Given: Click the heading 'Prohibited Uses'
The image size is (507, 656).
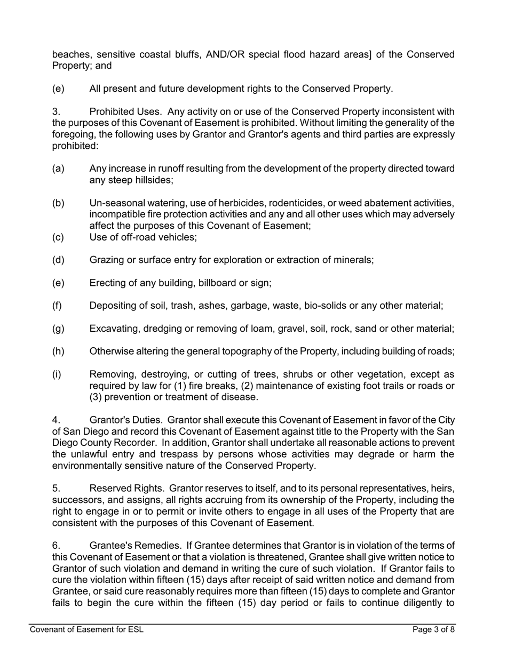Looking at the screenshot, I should pos(123,111).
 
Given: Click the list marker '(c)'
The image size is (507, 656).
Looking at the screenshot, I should pos(58,237).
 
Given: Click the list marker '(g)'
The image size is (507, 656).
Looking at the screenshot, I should pos(58,329).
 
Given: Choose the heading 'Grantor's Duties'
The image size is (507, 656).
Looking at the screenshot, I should pos(124,420).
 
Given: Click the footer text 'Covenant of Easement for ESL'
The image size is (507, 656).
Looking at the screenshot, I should pos(86,629).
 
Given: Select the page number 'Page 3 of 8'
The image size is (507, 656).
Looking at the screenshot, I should pos(434,629).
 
